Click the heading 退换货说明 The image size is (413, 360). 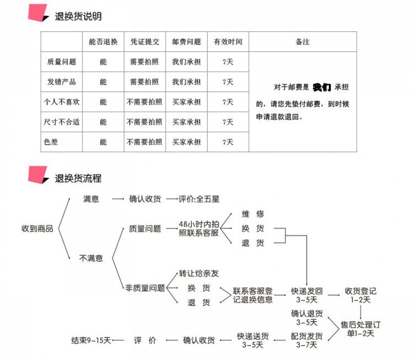tap(78, 16)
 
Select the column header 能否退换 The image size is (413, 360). tap(103, 41)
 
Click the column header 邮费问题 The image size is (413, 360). tap(186, 41)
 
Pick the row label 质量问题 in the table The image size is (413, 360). tap(62, 62)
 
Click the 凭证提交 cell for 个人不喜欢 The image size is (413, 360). tap(144, 102)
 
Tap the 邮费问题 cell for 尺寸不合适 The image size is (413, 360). tap(186, 122)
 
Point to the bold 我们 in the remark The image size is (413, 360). tap(322, 87)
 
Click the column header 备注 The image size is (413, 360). tap(302, 41)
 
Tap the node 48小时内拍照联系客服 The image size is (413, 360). tap(198, 228)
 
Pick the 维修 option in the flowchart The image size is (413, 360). tap(253, 213)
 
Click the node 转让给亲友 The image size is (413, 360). tap(199, 273)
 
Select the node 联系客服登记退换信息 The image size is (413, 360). tap(252, 295)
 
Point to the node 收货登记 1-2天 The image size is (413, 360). tap(360, 295)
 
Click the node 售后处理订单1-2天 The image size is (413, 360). tap(360, 329)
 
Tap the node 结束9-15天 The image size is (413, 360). tap(91, 340)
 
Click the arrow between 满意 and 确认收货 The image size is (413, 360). tap(118, 199)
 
